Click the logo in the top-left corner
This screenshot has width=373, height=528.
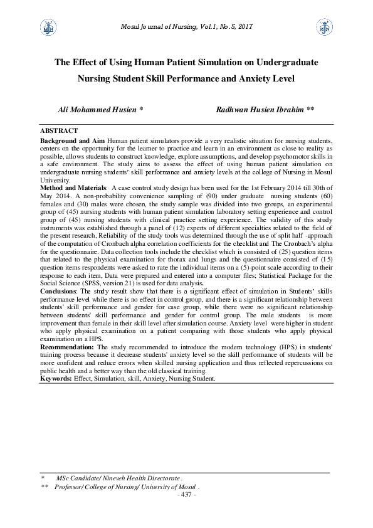(x=46, y=26)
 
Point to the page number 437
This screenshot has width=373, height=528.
(x=187, y=494)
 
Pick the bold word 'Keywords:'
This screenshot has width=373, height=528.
(x=56, y=379)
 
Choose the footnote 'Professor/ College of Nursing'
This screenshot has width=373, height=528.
(x=125, y=487)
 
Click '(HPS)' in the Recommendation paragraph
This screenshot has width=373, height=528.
(x=239, y=346)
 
